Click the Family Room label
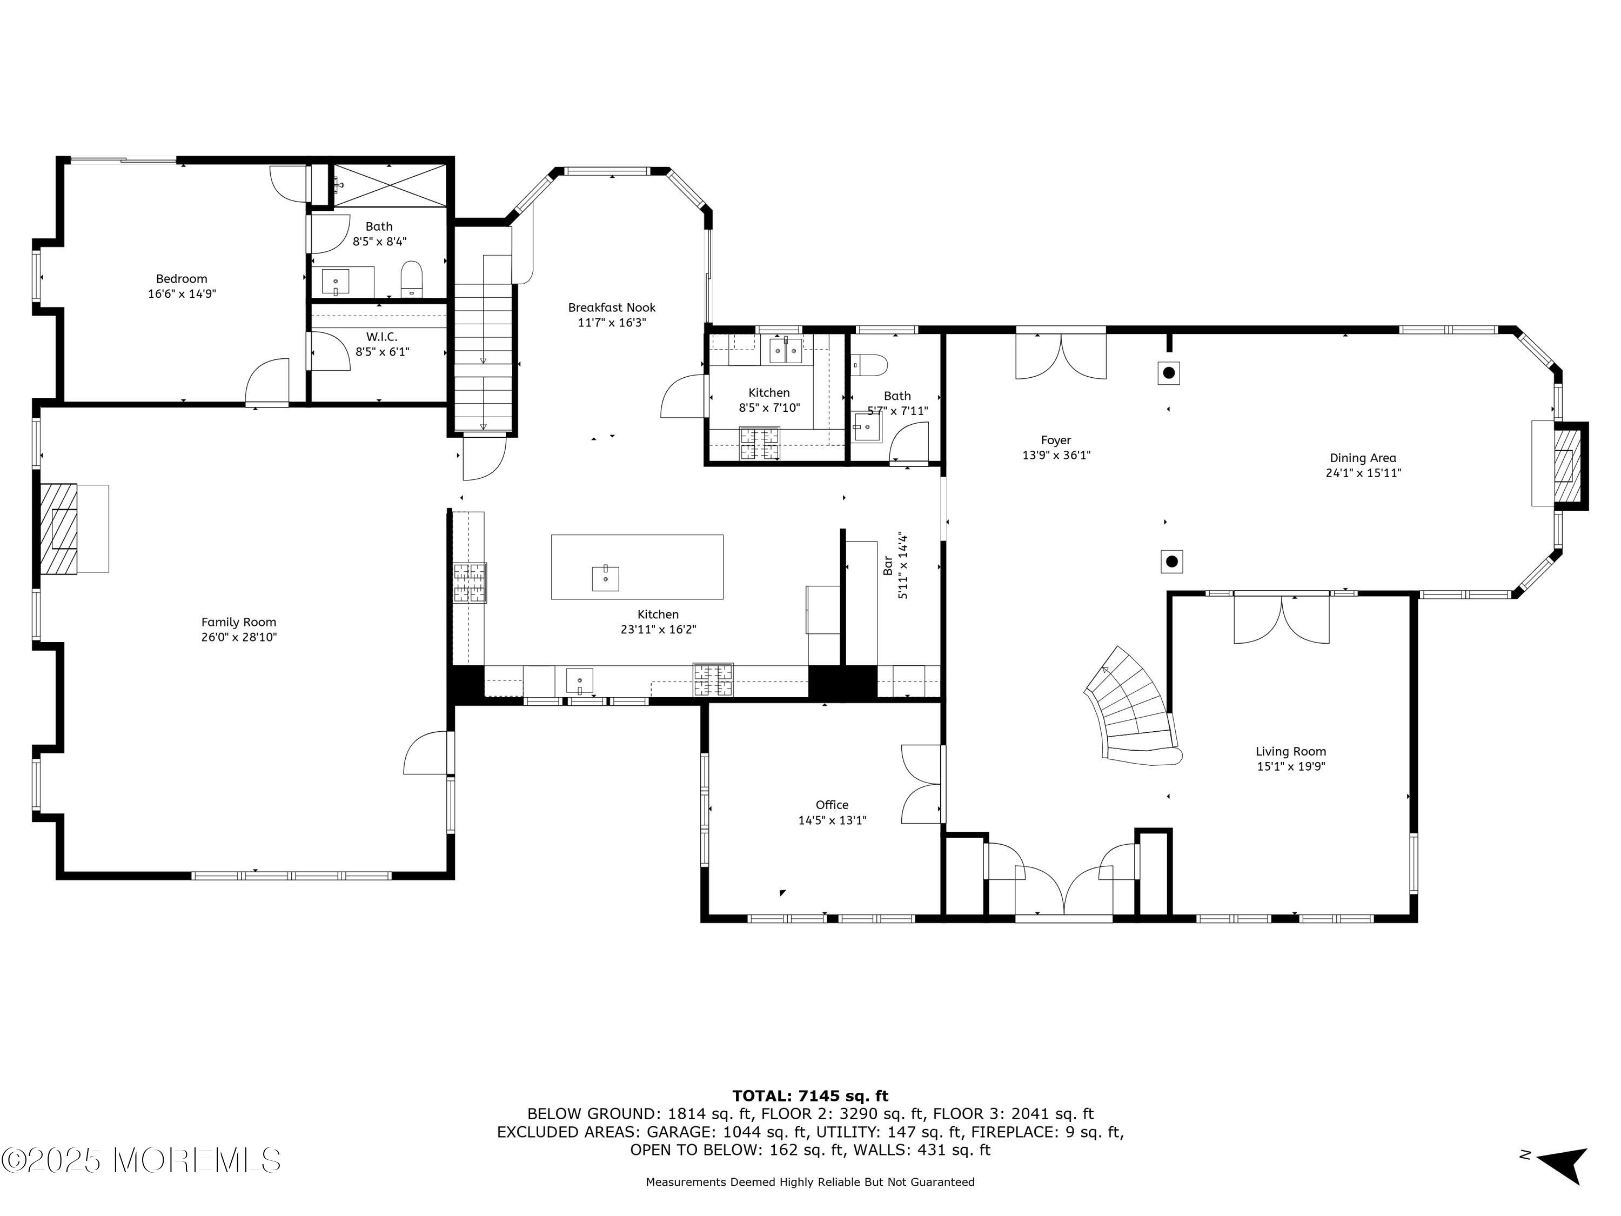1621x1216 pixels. click(239, 622)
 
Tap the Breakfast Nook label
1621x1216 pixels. click(612, 308)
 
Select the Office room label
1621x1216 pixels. click(832, 805)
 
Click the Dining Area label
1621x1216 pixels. click(1363, 458)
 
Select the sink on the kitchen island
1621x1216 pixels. click(605, 578)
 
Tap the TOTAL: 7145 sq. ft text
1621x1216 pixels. click(810, 1096)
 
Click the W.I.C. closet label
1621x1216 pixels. click(382, 337)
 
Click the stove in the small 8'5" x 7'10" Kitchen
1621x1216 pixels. click(760, 444)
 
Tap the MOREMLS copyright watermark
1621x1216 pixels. click(140, 1160)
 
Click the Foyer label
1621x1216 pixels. click(1056, 440)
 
